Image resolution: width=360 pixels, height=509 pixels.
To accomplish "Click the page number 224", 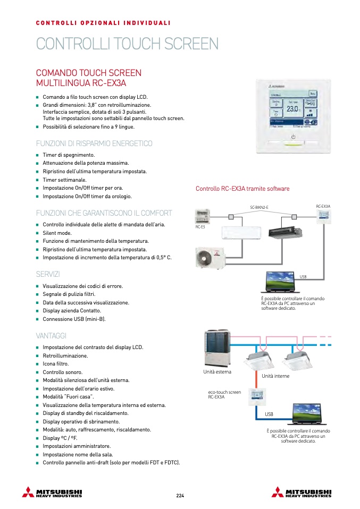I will (180, 496).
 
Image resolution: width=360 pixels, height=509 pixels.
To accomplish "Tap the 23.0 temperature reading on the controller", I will (292, 108).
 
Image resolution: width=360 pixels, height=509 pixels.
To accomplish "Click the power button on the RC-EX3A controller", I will (292, 136).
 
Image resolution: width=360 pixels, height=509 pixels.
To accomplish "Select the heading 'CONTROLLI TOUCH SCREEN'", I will (127, 44).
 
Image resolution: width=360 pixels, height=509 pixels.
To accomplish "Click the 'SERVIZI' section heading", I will (48, 274).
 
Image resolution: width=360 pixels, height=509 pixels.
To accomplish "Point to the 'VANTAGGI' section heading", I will (51, 336).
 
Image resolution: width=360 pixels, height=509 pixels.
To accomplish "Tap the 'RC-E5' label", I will (200, 227).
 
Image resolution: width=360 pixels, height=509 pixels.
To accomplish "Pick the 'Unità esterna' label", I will (217, 372).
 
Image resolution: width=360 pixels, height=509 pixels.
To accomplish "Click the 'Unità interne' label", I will (275, 376).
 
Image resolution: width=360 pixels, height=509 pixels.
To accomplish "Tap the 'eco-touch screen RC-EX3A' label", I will (224, 394).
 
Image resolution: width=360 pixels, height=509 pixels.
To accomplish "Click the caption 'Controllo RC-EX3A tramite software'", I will (242, 189).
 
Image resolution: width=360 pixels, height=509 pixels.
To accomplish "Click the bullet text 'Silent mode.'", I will (57, 233).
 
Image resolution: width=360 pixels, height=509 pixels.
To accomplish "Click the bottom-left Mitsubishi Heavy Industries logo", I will (52, 492).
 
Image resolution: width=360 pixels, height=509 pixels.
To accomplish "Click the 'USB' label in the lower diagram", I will (269, 413).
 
